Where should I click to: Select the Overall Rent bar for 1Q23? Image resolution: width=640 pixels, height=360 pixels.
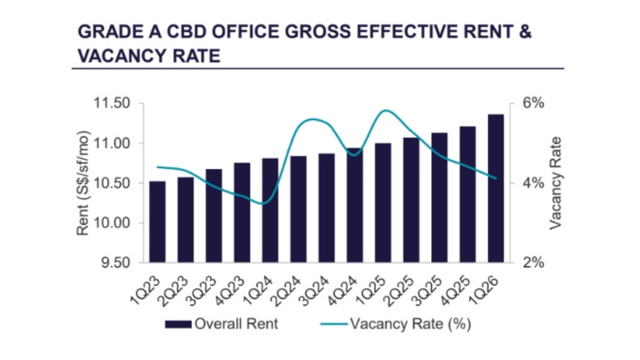[157, 222]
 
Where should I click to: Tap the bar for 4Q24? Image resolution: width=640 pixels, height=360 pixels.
[355, 205]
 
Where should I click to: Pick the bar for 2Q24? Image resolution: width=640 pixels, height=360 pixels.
[298, 209]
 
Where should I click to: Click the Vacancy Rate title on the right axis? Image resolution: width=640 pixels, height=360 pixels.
[556, 183]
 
